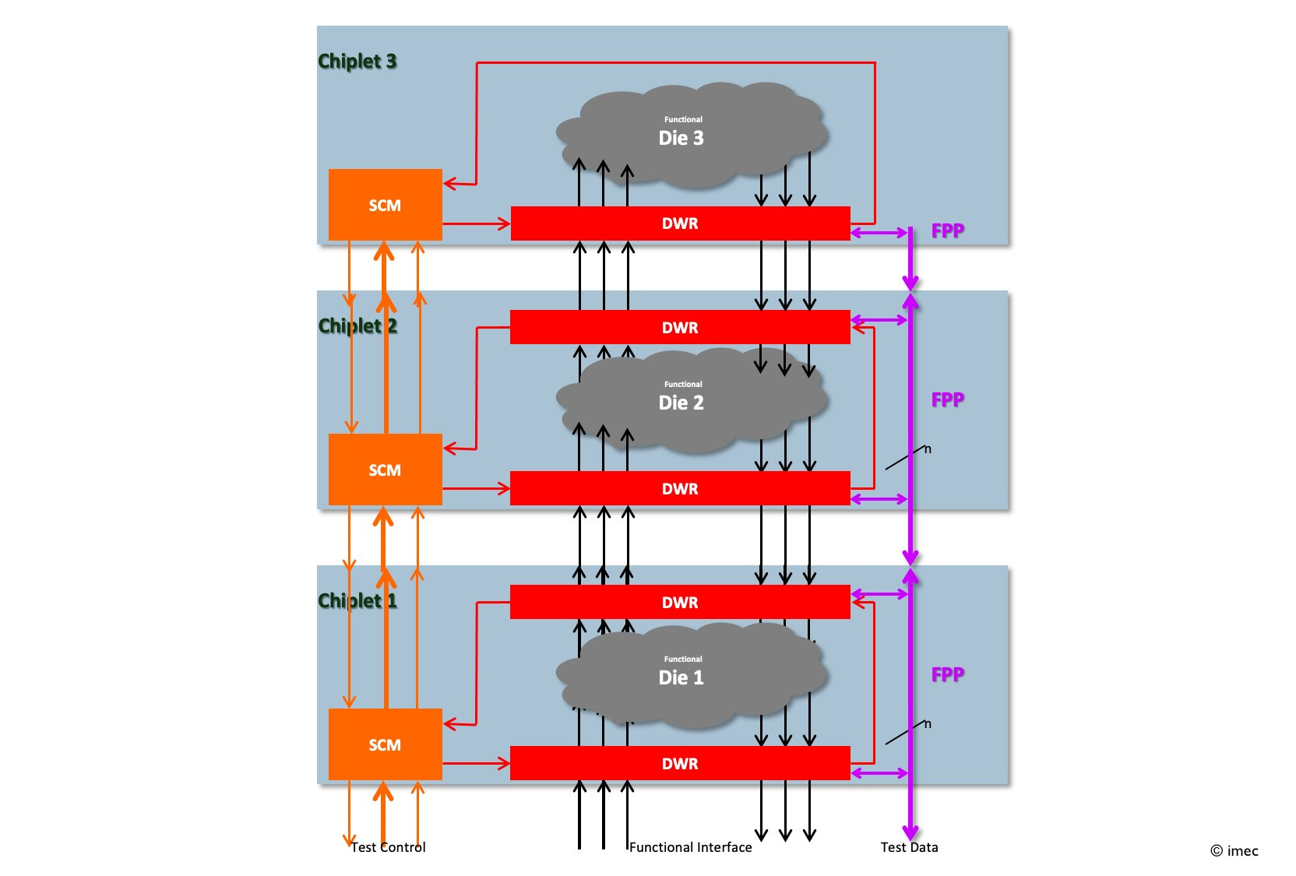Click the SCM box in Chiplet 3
[385, 205]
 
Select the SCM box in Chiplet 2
[385, 470]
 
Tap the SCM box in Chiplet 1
[385, 744]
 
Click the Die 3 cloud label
[681, 138]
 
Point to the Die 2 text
[681, 403]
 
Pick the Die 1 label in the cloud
[681, 677]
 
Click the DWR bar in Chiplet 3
[680, 223]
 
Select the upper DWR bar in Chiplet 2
[680, 328]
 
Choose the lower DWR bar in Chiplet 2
[680, 489]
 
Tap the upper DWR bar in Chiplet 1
[680, 603]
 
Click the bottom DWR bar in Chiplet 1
[680, 764]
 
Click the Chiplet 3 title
[357, 61]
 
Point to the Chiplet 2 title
[357, 325]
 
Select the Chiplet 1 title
[357, 600]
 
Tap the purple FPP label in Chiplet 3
[947, 230]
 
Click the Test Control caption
[388, 847]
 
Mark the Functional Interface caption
[690, 847]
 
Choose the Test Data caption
[909, 847]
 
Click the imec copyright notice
[1234, 851]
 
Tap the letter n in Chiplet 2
[928, 449]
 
